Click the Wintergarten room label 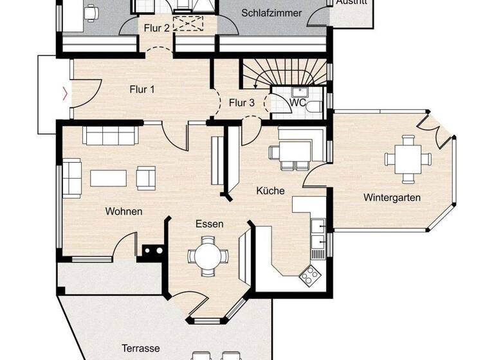click(391, 197)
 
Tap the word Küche click(270, 191)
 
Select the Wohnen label click(124, 211)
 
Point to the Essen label click(210, 224)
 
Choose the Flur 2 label click(156, 28)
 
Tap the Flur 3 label click(242, 102)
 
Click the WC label click(297, 103)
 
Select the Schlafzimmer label click(271, 13)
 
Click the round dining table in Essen click(208, 255)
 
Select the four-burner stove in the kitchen click(311, 274)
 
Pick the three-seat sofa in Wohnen click(109, 136)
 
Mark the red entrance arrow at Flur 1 click(64, 94)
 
